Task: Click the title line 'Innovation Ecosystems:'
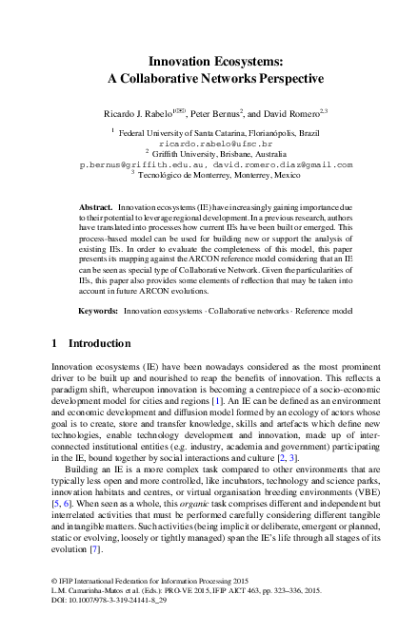(209, 59)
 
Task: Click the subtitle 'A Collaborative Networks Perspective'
(209, 78)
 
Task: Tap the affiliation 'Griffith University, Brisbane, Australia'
(215, 153)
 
